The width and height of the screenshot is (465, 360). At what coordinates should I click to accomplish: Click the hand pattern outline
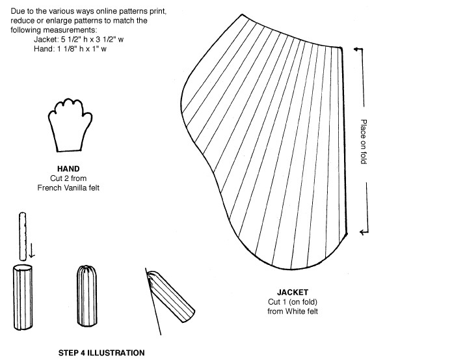click(x=50, y=124)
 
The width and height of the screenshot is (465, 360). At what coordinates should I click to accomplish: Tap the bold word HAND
click(x=68, y=169)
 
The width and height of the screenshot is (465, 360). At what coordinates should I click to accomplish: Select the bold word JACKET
click(x=293, y=292)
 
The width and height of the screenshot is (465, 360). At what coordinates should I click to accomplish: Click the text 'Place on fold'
click(x=364, y=141)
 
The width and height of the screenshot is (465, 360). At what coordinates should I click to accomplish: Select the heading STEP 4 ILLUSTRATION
click(x=101, y=353)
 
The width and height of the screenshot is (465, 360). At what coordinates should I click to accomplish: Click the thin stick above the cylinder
click(x=23, y=236)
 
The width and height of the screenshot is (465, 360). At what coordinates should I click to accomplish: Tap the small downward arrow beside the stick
click(x=31, y=251)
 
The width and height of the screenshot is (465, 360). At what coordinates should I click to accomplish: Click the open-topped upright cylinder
click(x=23, y=298)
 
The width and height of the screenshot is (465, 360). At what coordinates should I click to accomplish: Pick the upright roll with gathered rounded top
click(x=86, y=296)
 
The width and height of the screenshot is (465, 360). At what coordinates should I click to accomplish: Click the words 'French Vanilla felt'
click(x=68, y=188)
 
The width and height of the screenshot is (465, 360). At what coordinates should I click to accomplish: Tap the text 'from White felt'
click(x=293, y=311)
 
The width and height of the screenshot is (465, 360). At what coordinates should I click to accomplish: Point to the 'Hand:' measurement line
click(x=70, y=49)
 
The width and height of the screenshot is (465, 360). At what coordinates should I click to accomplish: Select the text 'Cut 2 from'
click(x=68, y=178)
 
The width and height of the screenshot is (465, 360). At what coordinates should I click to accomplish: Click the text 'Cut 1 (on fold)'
click(x=293, y=302)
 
